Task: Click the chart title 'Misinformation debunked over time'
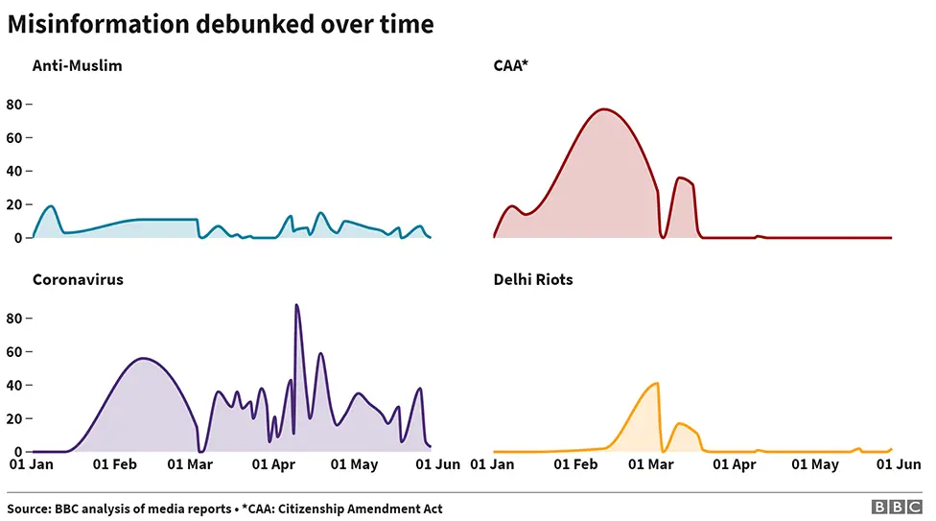click(221, 25)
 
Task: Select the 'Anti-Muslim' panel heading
click(77, 66)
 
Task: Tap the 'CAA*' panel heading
click(512, 66)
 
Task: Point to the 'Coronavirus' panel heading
click(78, 280)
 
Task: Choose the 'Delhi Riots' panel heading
click(533, 280)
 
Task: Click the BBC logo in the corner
click(896, 508)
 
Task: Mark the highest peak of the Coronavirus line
click(296, 305)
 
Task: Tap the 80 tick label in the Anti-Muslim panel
click(13, 105)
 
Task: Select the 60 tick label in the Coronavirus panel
click(13, 352)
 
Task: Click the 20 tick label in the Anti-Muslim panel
click(13, 204)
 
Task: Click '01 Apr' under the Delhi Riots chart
click(734, 464)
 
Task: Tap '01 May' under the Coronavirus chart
click(354, 464)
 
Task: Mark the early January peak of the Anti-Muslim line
click(51, 206)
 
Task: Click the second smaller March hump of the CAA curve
click(680, 178)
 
